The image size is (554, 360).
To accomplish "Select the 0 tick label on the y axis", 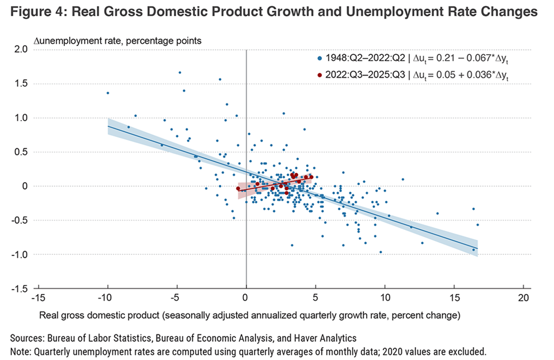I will tap(25, 186).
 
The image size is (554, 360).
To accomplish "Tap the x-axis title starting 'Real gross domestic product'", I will tap(249, 315).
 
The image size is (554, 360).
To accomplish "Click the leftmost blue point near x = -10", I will tap(107, 93).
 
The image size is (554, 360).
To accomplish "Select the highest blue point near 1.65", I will tap(179, 72).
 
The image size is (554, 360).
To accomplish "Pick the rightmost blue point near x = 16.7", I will tap(477, 225).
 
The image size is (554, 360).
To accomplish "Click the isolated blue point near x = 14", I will tap(437, 213).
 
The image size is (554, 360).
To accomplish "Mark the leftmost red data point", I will tap(238, 189).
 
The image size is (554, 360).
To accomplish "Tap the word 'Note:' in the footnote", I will tap(21, 351).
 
